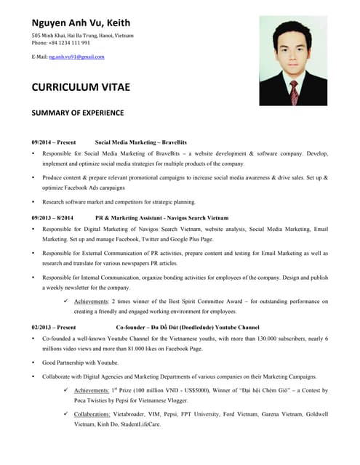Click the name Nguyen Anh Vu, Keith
(x=81, y=23)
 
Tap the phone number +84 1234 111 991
(x=69, y=42)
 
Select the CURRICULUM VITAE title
(x=81, y=87)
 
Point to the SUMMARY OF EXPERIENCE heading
(x=77, y=113)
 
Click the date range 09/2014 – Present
(x=53, y=142)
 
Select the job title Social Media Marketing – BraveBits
(x=141, y=142)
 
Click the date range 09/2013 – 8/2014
(x=52, y=217)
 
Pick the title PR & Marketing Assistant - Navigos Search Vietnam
(x=161, y=217)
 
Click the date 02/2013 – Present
(x=53, y=327)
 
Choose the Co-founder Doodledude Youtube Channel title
(x=187, y=327)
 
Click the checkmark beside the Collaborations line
(x=66, y=414)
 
